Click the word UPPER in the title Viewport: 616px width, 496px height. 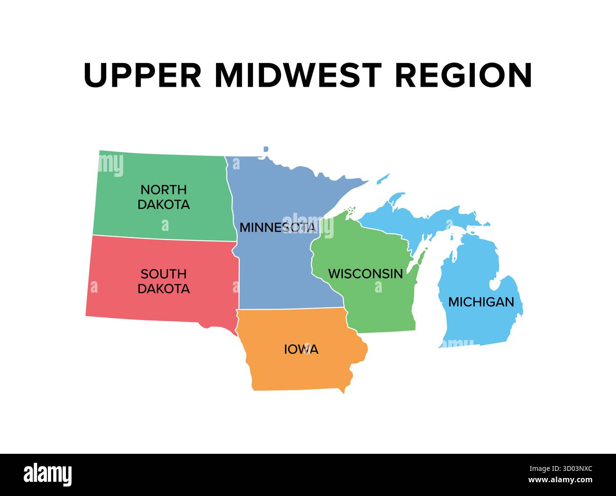(x=142, y=75)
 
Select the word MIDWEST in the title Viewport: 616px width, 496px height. (x=298, y=75)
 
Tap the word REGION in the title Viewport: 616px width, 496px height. (x=463, y=75)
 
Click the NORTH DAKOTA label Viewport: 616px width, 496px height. (x=163, y=197)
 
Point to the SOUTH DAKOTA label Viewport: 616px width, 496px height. (x=163, y=281)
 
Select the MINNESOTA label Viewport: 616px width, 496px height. (x=277, y=228)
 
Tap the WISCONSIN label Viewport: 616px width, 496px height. (x=365, y=274)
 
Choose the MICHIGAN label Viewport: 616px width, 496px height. (x=481, y=302)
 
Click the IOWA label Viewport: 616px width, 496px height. (x=301, y=350)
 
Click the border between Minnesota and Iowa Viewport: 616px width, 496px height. (x=289, y=309)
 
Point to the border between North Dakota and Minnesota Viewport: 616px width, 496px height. (x=230, y=199)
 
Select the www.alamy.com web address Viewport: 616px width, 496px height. (x=559, y=480)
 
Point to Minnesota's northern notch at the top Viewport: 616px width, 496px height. (x=265, y=151)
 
